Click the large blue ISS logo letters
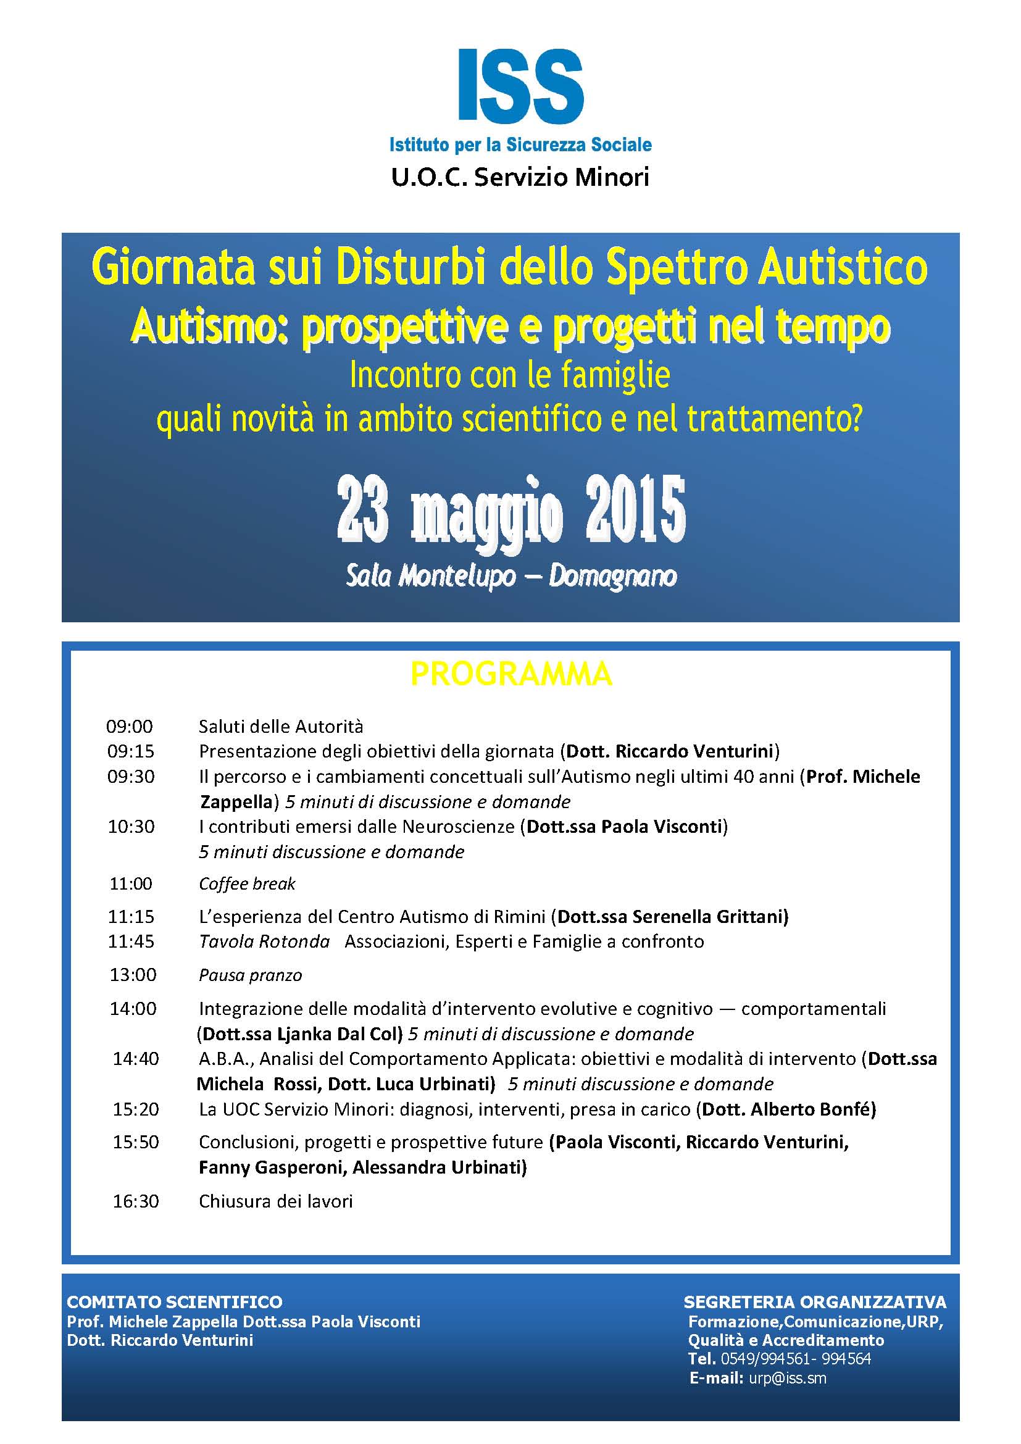coord(520,86)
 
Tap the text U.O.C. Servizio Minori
coord(519,177)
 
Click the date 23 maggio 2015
coord(511,509)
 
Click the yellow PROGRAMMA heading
coord(511,674)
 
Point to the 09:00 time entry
coord(130,727)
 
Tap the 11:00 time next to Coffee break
coord(131,884)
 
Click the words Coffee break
coord(247,884)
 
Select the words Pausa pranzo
coord(250,975)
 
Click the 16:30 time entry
coord(136,1201)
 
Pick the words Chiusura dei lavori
coord(275,1201)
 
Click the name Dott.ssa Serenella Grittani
coord(672,917)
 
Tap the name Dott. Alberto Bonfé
coord(788,1109)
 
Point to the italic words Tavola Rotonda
coord(264,941)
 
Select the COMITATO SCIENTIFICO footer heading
coord(175,1302)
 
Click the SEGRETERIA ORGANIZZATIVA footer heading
coord(815,1302)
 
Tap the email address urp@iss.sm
coord(787,1378)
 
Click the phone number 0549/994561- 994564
coord(795,1358)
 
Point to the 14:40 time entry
coord(136,1059)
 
